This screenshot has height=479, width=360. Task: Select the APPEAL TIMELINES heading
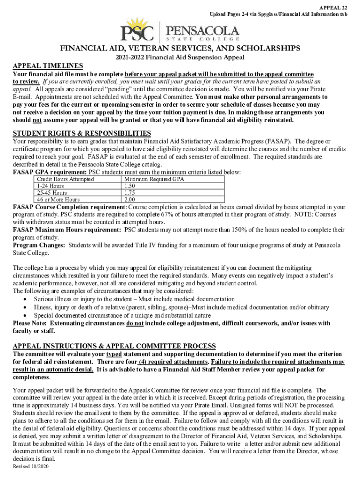48,66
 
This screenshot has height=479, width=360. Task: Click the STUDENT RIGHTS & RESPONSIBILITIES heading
82,133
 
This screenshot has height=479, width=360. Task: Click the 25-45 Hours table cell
51,192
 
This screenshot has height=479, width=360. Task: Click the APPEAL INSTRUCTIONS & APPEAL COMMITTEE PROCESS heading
114,346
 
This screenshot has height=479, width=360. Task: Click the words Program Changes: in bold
39,245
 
